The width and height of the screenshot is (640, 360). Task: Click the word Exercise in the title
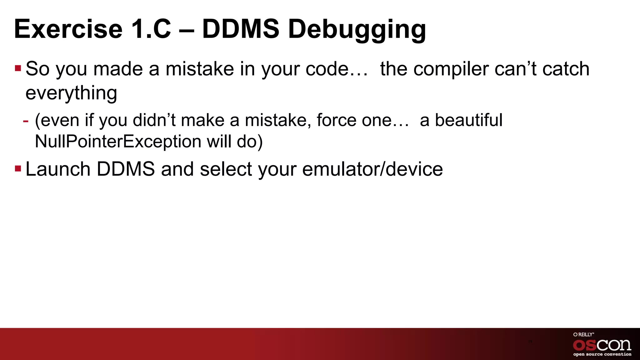(x=68, y=29)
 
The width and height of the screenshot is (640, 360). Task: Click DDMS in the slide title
(x=241, y=29)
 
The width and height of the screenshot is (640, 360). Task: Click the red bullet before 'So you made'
(x=18, y=68)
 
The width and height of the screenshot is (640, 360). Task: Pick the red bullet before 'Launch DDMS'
(x=18, y=169)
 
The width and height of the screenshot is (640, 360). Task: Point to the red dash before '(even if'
(x=26, y=121)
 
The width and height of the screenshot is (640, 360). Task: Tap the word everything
(x=71, y=93)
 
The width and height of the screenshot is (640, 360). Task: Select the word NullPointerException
(x=118, y=142)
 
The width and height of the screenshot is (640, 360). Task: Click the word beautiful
(x=469, y=120)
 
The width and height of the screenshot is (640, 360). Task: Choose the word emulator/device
(x=372, y=169)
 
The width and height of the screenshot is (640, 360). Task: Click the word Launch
(x=58, y=169)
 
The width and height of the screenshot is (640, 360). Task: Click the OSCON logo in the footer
(x=602, y=345)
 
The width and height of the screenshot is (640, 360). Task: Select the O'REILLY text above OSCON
(x=583, y=335)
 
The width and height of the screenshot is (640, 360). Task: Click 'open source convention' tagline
(x=602, y=354)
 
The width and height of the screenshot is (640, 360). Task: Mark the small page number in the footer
(x=530, y=342)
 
